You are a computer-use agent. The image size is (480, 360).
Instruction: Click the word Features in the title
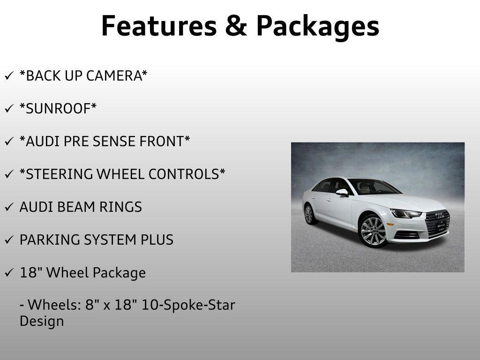point(158,26)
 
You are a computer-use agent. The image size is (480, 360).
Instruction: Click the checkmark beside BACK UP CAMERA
point(9,76)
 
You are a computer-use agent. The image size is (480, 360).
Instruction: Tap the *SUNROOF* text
point(58,109)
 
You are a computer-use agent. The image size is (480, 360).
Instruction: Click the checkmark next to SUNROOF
point(9,109)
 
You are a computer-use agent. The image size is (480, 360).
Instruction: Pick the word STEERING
point(56,174)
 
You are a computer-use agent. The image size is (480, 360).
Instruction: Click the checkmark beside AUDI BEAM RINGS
point(9,207)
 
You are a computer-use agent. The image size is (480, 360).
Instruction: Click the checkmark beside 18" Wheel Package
point(9,273)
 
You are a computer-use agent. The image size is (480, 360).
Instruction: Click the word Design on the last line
point(42,322)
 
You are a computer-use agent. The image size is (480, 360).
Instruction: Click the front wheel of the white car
point(373,231)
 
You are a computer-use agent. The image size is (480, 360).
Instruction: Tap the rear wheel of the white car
point(308,214)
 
